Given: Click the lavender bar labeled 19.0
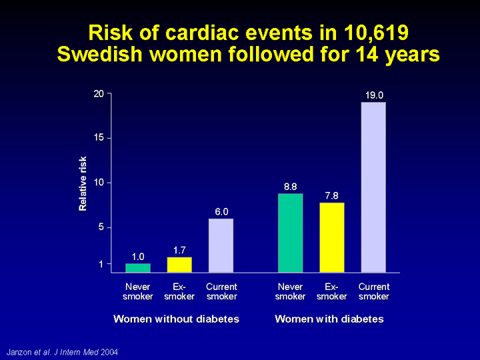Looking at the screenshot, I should click(x=373, y=187).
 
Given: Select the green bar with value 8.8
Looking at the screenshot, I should click(x=290, y=233).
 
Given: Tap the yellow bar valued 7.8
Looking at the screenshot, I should click(x=331, y=237).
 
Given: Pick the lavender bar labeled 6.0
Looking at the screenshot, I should click(x=221, y=245).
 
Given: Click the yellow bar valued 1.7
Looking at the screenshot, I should click(x=179, y=265).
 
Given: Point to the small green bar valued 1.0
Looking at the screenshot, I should click(x=138, y=268).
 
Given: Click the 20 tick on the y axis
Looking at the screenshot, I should click(x=99, y=93).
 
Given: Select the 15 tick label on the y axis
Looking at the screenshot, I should click(x=99, y=138).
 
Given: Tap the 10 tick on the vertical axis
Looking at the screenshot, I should click(x=99, y=183).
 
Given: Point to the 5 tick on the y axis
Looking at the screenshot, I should click(x=101, y=227).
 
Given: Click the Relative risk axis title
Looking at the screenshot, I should click(x=83, y=183).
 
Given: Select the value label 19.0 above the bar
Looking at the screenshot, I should click(x=373, y=95).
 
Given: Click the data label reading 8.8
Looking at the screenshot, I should click(x=290, y=187).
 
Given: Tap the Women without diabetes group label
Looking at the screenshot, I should click(x=176, y=319).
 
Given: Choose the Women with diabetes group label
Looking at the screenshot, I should click(x=329, y=319).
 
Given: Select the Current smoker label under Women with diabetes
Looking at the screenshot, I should click(x=373, y=292).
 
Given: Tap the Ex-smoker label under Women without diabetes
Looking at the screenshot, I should click(x=179, y=292).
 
